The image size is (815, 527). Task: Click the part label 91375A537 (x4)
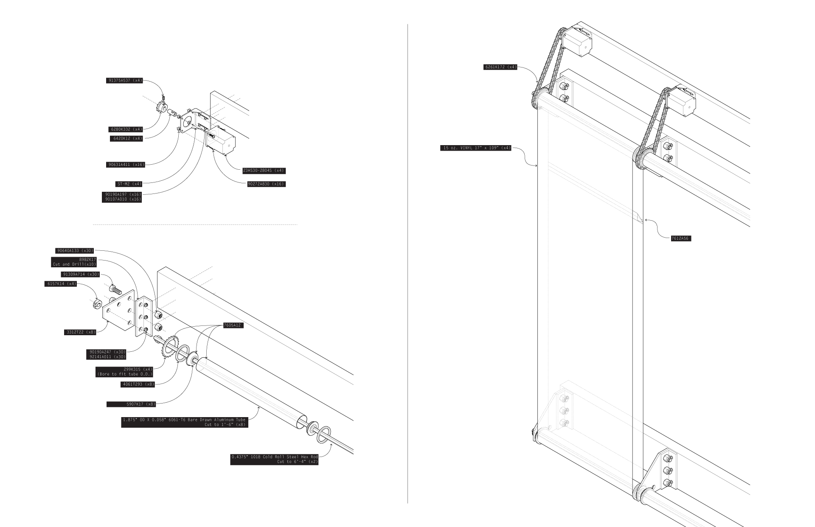pos(124,81)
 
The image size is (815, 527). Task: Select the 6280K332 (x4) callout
pos(126,129)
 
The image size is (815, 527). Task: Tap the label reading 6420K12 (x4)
pos(127,139)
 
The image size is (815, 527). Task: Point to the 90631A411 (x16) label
pos(126,165)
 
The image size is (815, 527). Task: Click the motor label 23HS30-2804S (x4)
pos(264,171)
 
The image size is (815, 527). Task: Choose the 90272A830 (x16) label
pos(266,184)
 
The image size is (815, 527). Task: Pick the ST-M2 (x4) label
pos(129,184)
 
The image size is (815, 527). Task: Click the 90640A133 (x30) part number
pos(75,251)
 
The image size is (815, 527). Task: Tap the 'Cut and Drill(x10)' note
pos(74,264)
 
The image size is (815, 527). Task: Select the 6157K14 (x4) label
pos(61,284)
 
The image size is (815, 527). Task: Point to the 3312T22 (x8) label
pos(80,332)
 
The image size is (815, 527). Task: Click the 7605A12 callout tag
pos(233,325)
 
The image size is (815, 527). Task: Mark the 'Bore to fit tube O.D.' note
pos(125,374)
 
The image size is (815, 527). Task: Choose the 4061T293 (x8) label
pos(138,384)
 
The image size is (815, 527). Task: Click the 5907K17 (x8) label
pos(141,404)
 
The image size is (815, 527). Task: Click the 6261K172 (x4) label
pos(500,67)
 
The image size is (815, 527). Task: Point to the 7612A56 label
pos(680,238)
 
